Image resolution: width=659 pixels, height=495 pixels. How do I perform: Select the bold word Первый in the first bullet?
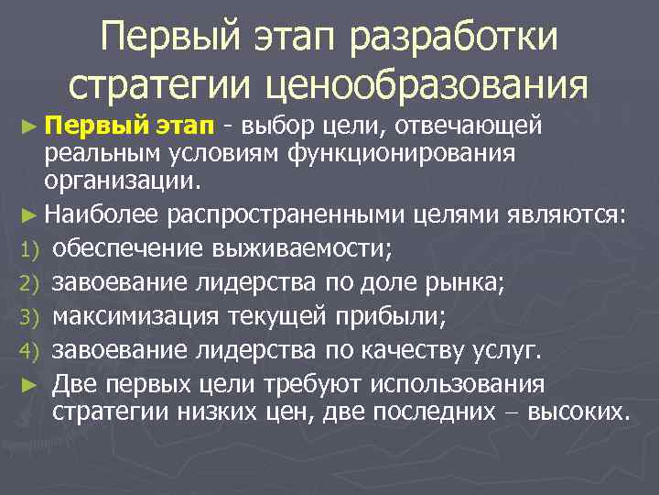pos(92,123)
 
